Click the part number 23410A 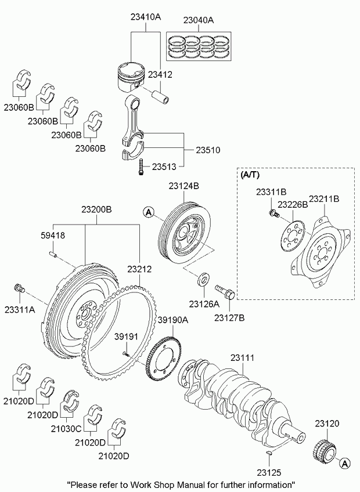(x=145, y=17)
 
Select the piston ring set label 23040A (x=198, y=20)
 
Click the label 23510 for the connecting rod (x=208, y=149)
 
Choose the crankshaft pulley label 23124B (x=185, y=186)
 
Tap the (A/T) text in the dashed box (x=251, y=173)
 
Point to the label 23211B (x=323, y=198)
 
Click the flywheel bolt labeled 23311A (x=19, y=287)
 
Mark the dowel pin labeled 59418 (x=52, y=253)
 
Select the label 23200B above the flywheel (x=96, y=209)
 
